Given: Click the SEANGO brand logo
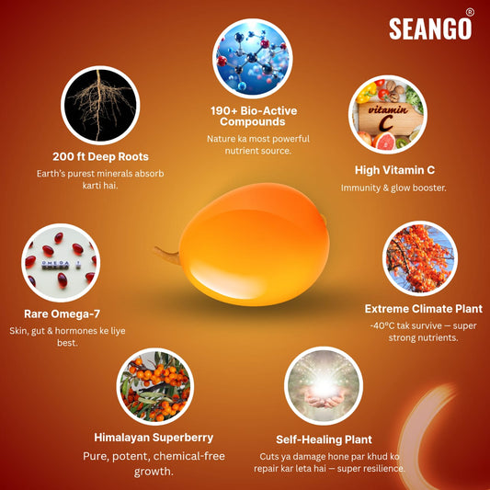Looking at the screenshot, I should coord(429,28).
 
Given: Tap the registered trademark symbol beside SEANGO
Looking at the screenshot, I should coord(470,12).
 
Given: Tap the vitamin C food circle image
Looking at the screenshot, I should coord(387,115).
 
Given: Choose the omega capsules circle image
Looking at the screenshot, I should coord(61,261).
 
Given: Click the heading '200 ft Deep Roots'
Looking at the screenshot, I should coord(101,155).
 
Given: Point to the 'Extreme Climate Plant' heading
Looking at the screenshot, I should coord(423,308).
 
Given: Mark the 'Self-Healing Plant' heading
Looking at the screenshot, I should coord(324,439).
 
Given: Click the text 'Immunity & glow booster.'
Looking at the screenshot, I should coord(393,188).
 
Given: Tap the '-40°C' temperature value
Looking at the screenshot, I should coord(385,325).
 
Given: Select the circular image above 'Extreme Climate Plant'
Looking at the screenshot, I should coord(419,259).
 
